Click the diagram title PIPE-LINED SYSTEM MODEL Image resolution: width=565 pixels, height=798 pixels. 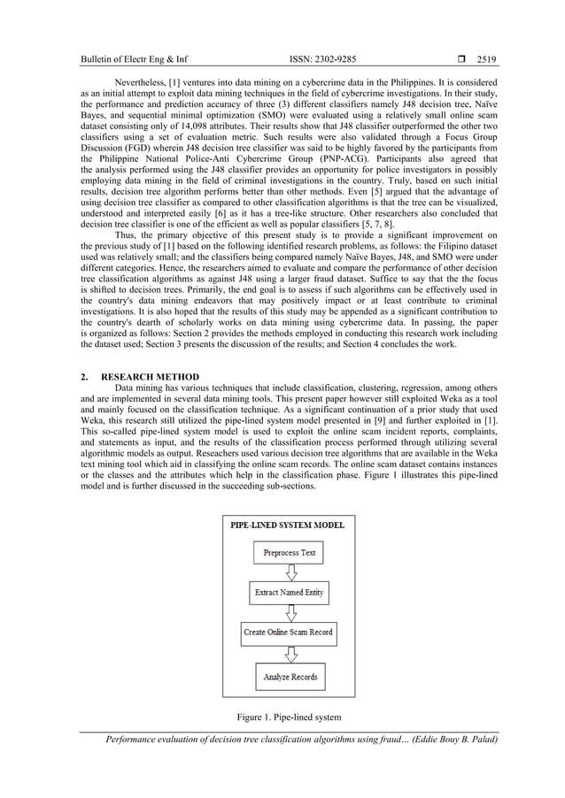pyautogui.click(x=289, y=525)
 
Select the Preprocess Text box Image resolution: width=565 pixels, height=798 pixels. pyautogui.click(x=289, y=554)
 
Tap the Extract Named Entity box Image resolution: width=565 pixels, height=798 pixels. pyautogui.click(x=289, y=592)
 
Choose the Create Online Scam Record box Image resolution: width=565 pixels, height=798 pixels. pyautogui.click(x=289, y=633)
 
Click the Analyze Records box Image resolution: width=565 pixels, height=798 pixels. pyautogui.click(x=289, y=678)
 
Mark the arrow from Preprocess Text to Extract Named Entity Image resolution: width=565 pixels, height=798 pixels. pyautogui.click(x=289, y=572)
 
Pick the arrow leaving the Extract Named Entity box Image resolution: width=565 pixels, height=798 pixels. pyautogui.click(x=289, y=612)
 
